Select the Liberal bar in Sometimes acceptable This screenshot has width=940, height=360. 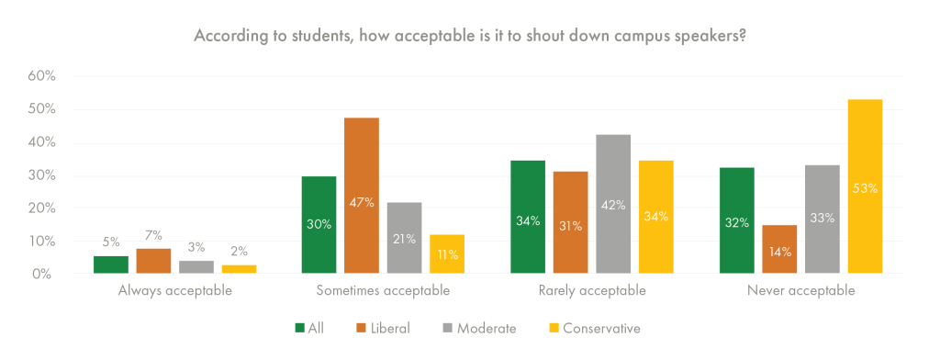click(362, 196)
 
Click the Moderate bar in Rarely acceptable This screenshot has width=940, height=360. click(613, 204)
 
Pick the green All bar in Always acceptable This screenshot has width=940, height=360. click(111, 264)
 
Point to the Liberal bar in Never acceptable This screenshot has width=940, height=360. click(778, 249)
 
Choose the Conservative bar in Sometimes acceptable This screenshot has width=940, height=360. click(447, 253)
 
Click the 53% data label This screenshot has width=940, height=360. click(865, 188)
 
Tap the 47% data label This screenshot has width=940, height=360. click(362, 202)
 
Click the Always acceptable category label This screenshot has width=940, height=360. click(174, 291)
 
